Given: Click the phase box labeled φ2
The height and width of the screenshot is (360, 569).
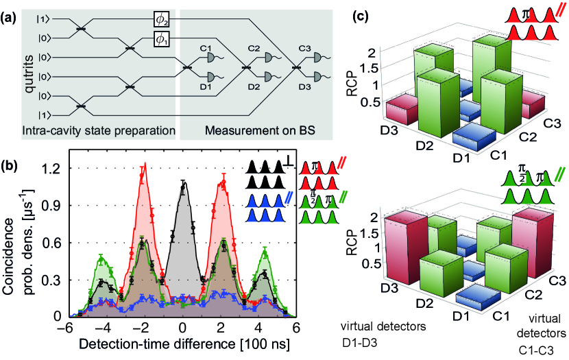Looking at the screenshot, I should click(x=162, y=20).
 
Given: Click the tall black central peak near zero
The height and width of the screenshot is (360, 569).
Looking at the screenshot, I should click(x=183, y=183).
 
